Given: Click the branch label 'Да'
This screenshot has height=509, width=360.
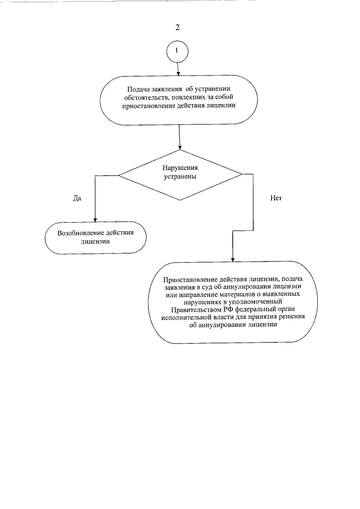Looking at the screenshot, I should pyautogui.click(x=78, y=198).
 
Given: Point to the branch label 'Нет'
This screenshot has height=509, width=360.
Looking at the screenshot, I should pyautogui.click(x=275, y=198).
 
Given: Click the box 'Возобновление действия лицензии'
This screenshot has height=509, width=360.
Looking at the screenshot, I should pyautogui.click(x=95, y=237).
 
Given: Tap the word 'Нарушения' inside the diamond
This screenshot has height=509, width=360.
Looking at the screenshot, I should pyautogui.click(x=180, y=167).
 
